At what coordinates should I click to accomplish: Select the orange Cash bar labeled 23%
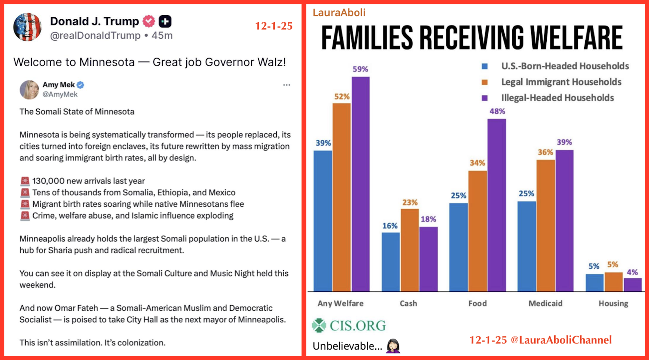click(409, 250)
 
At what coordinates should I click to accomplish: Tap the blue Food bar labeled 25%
click(458, 247)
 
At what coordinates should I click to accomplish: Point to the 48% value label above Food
click(497, 111)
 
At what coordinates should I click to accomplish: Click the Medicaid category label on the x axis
click(545, 304)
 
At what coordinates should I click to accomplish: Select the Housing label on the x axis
click(613, 304)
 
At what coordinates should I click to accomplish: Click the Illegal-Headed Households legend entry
click(557, 98)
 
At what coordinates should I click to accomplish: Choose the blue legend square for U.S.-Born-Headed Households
click(485, 66)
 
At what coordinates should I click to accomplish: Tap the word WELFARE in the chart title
click(576, 38)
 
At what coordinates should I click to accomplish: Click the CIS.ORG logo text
click(357, 326)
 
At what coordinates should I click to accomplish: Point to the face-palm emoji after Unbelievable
click(393, 346)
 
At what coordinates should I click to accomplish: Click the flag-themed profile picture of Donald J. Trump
click(27, 27)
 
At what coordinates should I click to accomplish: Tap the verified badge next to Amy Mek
click(80, 85)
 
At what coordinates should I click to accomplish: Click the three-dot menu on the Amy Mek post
click(286, 85)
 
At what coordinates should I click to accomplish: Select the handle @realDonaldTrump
click(95, 36)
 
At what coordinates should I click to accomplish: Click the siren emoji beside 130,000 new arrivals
click(25, 181)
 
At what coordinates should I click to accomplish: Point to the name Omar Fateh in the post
click(76, 308)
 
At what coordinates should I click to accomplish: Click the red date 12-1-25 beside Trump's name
click(274, 26)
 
